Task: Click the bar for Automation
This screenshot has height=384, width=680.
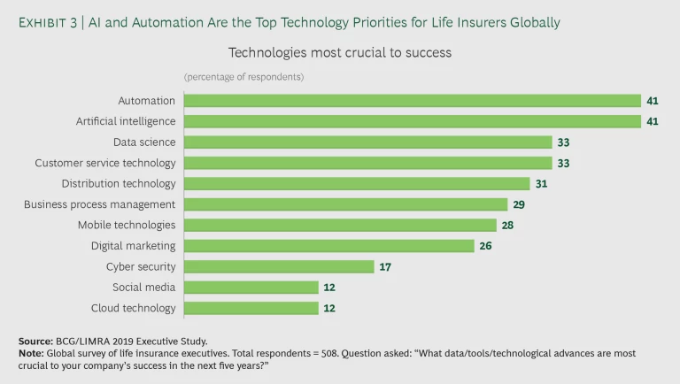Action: tap(412, 101)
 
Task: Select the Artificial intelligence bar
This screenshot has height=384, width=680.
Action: tap(412, 121)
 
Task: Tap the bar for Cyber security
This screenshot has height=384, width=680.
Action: tap(279, 266)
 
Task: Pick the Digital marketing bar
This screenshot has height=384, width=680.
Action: tap(328, 246)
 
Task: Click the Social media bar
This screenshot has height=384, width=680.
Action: tap(251, 288)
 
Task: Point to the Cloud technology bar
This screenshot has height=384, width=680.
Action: tap(251, 308)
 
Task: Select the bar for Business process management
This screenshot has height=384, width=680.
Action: tap(345, 204)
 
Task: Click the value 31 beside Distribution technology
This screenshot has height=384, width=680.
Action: tap(542, 184)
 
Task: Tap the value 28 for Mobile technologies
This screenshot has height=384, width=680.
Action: tap(507, 226)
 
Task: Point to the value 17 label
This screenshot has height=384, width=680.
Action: tap(385, 266)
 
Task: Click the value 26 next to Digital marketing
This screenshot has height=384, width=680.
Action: tap(485, 246)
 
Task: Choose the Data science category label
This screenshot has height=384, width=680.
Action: tap(144, 142)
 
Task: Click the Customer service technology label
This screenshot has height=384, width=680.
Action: tap(105, 163)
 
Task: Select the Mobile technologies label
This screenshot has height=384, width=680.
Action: tap(127, 225)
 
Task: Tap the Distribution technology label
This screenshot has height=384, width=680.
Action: tap(119, 183)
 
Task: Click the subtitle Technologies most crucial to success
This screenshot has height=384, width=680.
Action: tap(340, 52)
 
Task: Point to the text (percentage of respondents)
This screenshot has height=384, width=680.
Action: tap(243, 77)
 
